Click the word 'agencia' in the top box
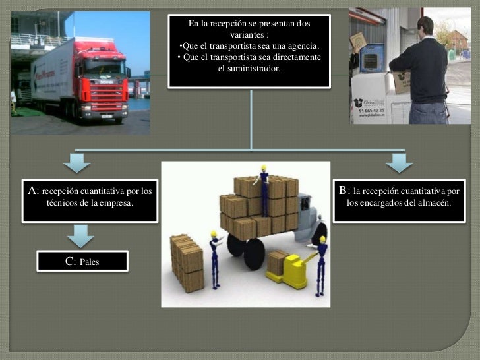tap(301, 45)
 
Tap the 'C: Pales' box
tap(82, 261)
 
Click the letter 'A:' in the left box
tap(34, 191)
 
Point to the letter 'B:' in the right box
tap(345, 191)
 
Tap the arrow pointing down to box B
tap(399, 162)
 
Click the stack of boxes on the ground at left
tap(187, 261)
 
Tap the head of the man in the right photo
tap(425, 27)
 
